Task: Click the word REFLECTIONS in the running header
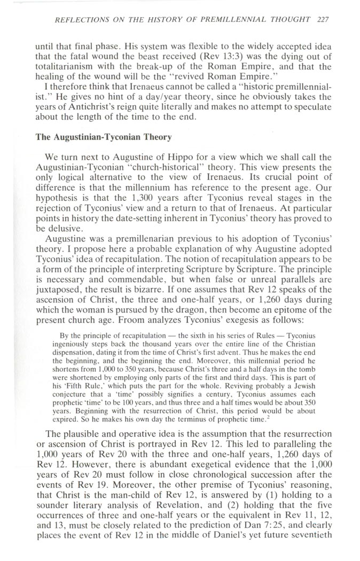77,19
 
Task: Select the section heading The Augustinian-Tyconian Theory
104,137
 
